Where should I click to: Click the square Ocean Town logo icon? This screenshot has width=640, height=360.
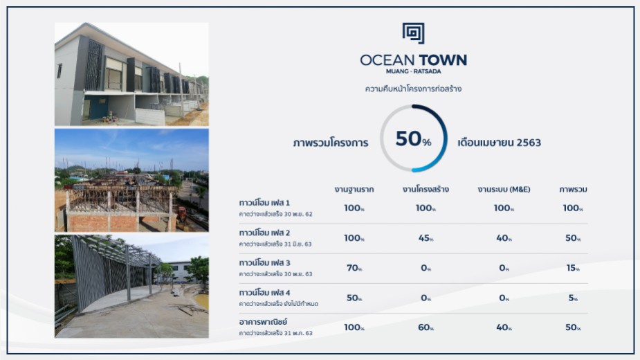pyautogui.click(x=414, y=33)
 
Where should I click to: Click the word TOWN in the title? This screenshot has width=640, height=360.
pyautogui.click(x=443, y=60)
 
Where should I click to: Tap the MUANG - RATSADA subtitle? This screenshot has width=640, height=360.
pyautogui.click(x=414, y=71)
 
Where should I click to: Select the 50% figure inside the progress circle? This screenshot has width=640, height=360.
pyautogui.click(x=413, y=139)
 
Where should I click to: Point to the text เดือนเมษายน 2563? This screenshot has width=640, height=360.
pyautogui.click(x=499, y=143)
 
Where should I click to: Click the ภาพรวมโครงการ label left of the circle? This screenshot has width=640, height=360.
pyautogui.click(x=331, y=143)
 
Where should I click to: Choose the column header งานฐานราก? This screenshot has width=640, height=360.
pyautogui.click(x=354, y=189)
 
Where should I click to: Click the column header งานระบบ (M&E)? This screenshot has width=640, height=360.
pyautogui.click(x=504, y=189)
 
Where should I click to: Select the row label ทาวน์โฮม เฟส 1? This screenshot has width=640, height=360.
pyautogui.click(x=264, y=203)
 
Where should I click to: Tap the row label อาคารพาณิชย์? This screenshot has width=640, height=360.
pyautogui.click(x=264, y=322)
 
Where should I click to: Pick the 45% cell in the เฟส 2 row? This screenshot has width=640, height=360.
pyautogui.click(x=426, y=238)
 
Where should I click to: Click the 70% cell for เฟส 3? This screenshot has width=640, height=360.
pyautogui.click(x=354, y=268)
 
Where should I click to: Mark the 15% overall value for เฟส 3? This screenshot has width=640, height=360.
pyautogui.click(x=573, y=268)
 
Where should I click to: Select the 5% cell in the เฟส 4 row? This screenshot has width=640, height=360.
pyautogui.click(x=573, y=298)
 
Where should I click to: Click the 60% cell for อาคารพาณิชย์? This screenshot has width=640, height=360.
pyautogui.click(x=426, y=327)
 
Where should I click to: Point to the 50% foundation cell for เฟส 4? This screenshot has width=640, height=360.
pyautogui.click(x=354, y=298)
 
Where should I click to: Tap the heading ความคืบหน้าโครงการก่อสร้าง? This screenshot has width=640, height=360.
pyautogui.click(x=413, y=89)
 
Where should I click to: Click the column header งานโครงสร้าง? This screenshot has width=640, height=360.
pyautogui.click(x=426, y=189)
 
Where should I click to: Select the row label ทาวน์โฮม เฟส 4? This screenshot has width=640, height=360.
pyautogui.click(x=264, y=293)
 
